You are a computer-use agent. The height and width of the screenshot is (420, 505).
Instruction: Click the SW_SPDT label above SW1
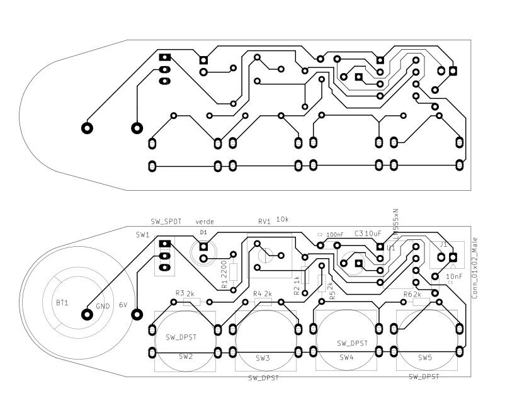(x=166, y=222)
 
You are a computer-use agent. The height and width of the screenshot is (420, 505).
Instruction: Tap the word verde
(x=205, y=222)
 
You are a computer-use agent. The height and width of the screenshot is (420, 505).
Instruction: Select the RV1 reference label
(x=264, y=222)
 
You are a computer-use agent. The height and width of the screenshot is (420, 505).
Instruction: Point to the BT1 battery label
(x=62, y=303)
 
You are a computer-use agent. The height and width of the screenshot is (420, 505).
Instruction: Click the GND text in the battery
(x=103, y=307)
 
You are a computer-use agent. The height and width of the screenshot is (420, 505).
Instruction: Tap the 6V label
(x=123, y=305)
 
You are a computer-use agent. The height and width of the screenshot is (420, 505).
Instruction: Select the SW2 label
(x=185, y=356)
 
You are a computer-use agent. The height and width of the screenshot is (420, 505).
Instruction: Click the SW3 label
(x=263, y=358)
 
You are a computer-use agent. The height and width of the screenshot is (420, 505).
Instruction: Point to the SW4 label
(x=346, y=357)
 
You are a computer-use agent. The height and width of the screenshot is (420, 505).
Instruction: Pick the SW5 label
(x=425, y=357)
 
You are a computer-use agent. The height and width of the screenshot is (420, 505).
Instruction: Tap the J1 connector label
(x=443, y=244)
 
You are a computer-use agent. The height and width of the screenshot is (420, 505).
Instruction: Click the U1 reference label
(x=392, y=248)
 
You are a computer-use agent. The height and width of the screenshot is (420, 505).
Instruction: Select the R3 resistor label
(x=179, y=293)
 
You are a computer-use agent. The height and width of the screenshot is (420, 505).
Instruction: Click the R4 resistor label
(x=257, y=294)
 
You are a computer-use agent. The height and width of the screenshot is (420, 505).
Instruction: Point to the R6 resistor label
(x=407, y=295)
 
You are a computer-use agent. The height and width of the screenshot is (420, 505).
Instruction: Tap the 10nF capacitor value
(x=454, y=276)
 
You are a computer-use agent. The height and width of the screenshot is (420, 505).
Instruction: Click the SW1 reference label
(x=143, y=235)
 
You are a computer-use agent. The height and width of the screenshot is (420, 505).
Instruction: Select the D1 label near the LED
(x=203, y=232)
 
